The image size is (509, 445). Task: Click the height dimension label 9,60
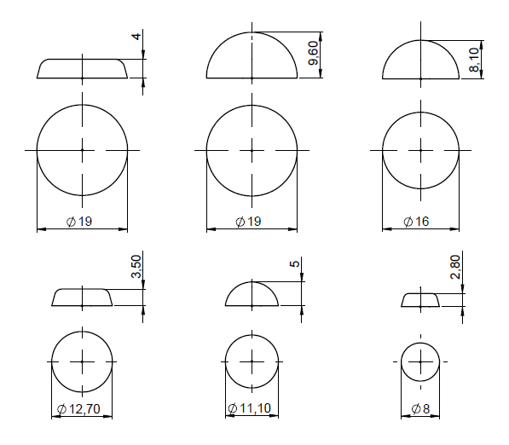(313, 53)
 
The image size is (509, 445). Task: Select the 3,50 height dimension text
(136, 267)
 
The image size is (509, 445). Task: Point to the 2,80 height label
(455, 267)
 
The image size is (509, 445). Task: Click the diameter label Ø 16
(416, 222)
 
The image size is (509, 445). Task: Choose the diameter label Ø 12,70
(78, 409)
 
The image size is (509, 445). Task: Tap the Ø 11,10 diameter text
(249, 408)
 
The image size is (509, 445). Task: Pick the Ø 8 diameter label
(420, 408)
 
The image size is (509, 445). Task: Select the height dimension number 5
(294, 263)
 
